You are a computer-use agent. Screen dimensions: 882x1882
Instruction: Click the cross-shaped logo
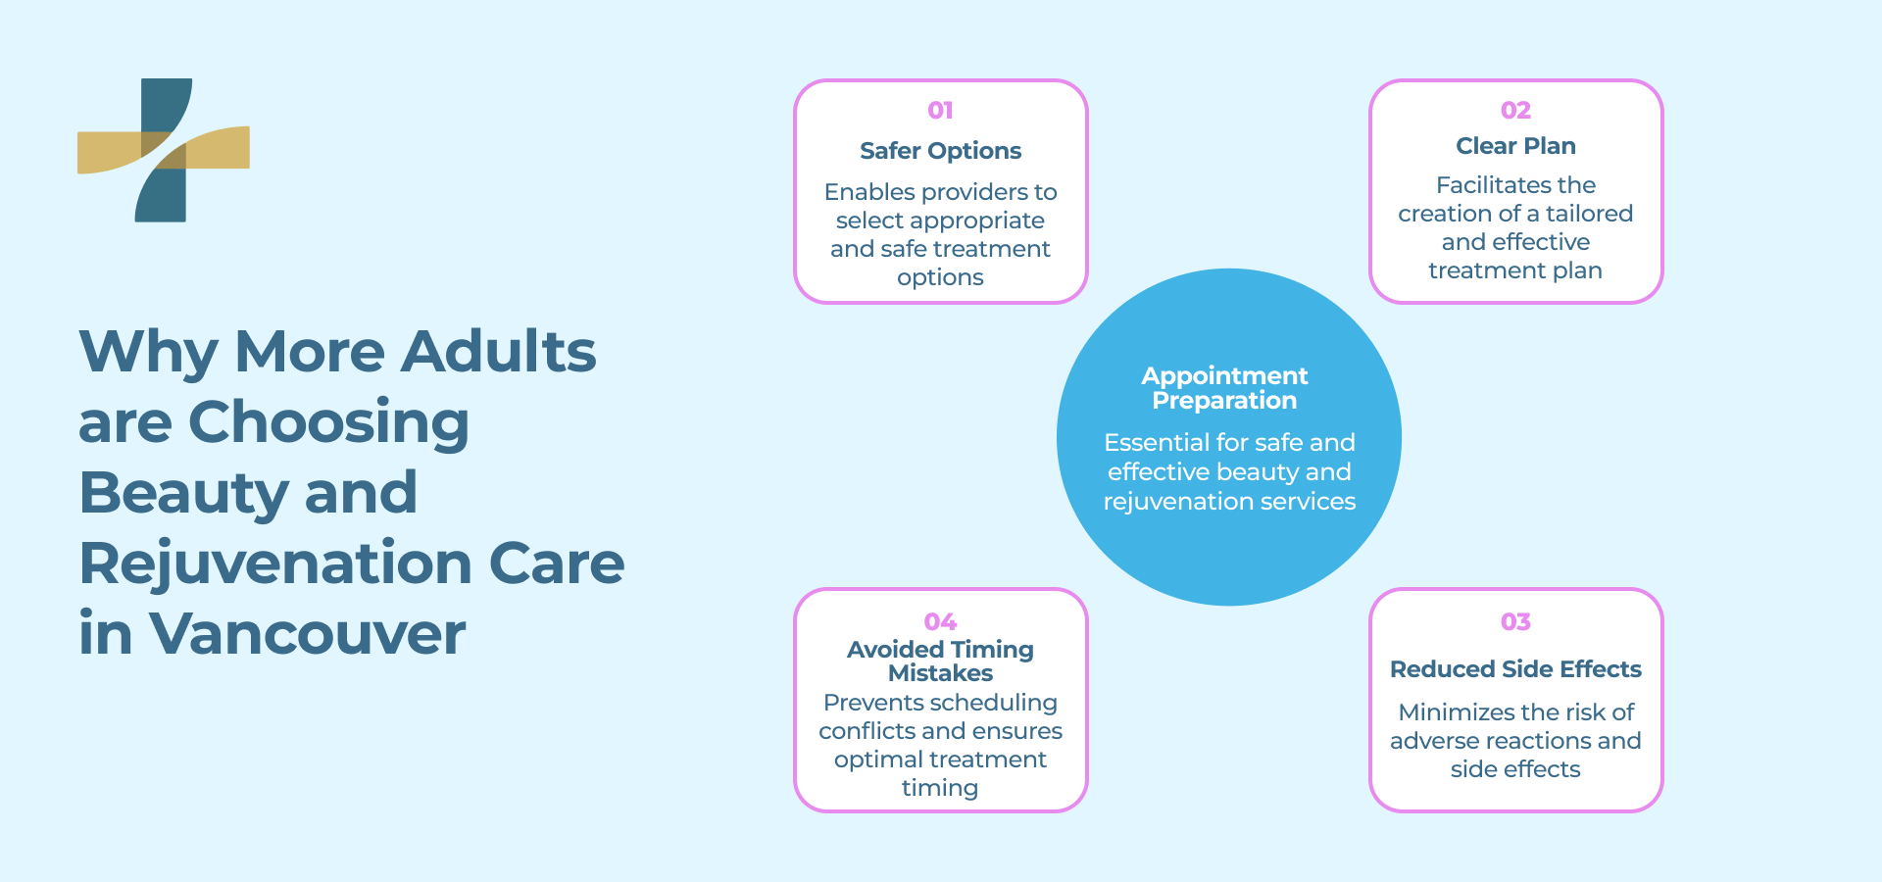tap(164, 150)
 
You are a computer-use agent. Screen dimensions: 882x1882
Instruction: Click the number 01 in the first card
tap(940, 111)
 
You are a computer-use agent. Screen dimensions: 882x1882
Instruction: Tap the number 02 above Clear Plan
tap(1515, 111)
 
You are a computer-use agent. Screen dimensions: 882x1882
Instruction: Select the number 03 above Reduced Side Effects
tap(1515, 622)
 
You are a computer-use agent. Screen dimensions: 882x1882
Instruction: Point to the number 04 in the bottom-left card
tap(940, 622)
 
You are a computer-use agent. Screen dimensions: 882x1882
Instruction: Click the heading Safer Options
tap(940, 151)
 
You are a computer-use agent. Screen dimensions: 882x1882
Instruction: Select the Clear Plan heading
tap(1515, 146)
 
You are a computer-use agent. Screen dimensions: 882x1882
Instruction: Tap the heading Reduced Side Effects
tap(1515, 669)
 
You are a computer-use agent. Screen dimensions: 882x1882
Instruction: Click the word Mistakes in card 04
tap(940, 673)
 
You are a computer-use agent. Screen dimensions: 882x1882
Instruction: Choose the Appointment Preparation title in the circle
tap(1224, 388)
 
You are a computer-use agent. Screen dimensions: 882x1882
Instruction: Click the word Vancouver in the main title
tap(307, 634)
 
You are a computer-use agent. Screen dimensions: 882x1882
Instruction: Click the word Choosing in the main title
tap(328, 422)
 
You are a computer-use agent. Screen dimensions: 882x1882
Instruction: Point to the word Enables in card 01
tap(868, 192)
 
